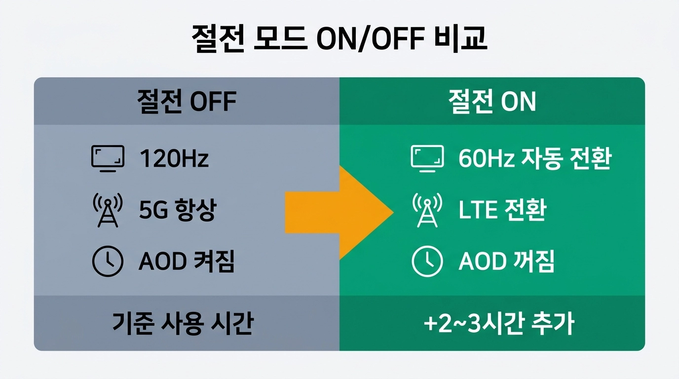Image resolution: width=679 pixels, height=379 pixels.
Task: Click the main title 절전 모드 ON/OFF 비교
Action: click(x=339, y=39)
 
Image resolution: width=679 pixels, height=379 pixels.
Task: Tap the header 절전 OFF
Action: click(x=187, y=102)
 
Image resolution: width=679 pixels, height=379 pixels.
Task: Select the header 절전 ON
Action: click(x=491, y=102)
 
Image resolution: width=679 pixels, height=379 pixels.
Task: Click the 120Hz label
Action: click(x=174, y=158)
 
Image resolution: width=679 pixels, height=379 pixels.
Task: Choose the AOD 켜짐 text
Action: click(x=187, y=262)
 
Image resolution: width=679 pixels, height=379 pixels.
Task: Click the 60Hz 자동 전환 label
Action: click(x=535, y=158)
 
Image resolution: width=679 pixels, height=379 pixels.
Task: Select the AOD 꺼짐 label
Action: click(x=506, y=262)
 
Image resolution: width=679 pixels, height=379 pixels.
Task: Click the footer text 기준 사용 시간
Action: click(x=183, y=324)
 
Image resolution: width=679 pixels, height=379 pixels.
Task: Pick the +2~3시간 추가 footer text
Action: click(x=498, y=324)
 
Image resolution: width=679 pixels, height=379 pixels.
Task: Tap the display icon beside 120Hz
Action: click(x=108, y=158)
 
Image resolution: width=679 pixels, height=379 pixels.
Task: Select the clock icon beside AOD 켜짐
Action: click(x=108, y=261)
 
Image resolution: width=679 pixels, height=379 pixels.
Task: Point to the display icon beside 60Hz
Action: click(x=427, y=158)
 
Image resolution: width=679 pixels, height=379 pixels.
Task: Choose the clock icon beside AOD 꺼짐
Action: click(x=427, y=261)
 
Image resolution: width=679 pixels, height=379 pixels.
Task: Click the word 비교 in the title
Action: click(x=463, y=39)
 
